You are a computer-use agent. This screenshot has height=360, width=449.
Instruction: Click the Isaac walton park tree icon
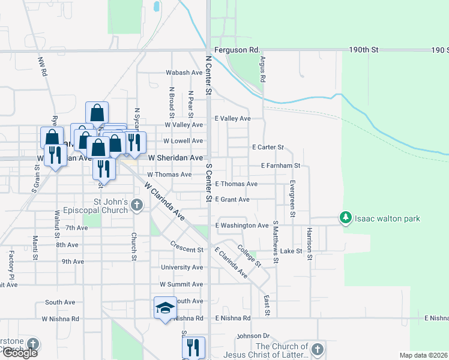tap(345, 218)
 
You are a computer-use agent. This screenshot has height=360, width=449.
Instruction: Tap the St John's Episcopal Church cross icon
tap(137, 206)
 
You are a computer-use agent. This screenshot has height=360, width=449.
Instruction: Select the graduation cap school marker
tap(165, 308)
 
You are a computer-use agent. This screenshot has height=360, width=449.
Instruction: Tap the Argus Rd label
tap(262, 70)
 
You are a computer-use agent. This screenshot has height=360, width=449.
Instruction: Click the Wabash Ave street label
tap(184, 73)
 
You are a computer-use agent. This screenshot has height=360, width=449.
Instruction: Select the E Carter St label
tap(268, 147)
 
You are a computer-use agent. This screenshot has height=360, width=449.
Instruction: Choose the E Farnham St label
tap(280, 165)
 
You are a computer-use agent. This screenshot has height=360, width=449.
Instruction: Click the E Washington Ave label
tap(242, 226)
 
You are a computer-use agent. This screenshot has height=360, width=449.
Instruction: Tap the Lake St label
tap(291, 251)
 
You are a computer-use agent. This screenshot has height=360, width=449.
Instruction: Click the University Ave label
tap(182, 268)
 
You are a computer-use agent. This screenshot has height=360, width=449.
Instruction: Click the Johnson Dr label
tap(255, 336)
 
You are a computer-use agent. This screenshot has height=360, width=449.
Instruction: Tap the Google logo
tap(20, 352)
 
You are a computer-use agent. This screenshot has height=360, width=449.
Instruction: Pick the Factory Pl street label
tap(11, 264)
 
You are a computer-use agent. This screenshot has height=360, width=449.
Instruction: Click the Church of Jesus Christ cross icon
tap(318, 349)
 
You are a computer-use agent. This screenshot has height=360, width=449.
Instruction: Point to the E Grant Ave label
tap(232, 199)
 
